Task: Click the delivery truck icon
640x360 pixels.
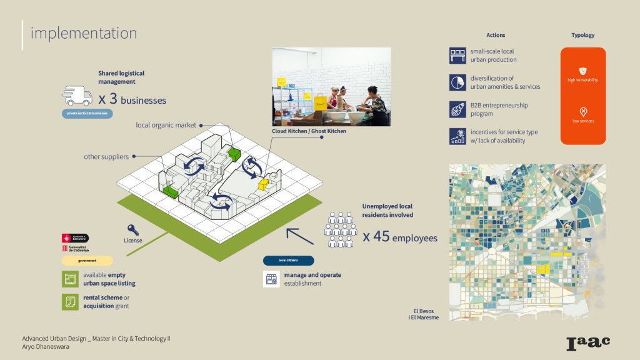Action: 77,97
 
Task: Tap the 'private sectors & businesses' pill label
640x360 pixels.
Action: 86,114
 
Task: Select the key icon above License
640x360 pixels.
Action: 132,229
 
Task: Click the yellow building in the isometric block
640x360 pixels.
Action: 264,183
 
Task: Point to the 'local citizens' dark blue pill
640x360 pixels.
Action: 288,261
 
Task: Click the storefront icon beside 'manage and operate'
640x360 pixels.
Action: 271,279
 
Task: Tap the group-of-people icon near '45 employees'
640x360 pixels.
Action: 340,229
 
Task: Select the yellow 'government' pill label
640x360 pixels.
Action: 87,261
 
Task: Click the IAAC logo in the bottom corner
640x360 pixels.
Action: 587,342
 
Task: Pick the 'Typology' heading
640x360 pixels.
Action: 582,36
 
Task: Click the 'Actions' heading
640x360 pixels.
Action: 496,36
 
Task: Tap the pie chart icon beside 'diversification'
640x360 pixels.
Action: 457,82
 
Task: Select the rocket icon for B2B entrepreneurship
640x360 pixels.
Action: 457,109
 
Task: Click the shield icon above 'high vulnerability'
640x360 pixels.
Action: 583,71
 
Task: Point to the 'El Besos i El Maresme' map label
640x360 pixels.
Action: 423,314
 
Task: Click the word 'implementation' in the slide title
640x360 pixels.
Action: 83,32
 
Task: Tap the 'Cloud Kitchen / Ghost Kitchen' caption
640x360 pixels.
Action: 309,131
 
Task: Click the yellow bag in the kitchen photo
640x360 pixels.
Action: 320,100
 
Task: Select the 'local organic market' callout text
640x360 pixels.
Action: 166,125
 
